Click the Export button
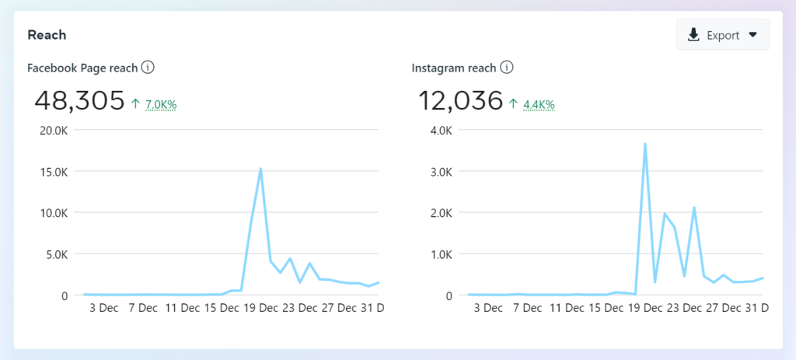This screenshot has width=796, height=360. click(722, 35)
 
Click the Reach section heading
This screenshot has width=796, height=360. click(47, 35)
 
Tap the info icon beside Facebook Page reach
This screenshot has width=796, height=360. click(148, 68)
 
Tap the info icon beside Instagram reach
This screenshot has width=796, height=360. click(507, 68)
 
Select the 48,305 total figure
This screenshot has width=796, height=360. click(80, 100)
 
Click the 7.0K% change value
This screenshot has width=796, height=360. click(161, 104)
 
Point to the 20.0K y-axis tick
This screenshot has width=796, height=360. click(54, 130)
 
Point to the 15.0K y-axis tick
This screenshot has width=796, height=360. click(54, 171)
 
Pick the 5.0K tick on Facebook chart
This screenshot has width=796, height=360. click(56, 253)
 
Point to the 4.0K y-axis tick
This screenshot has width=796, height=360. click(440, 130)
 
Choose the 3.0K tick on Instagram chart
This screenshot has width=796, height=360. click(440, 171)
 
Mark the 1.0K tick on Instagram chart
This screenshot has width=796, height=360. click(440, 253)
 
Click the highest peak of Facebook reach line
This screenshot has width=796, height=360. click(260, 169)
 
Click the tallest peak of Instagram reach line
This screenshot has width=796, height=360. click(644, 144)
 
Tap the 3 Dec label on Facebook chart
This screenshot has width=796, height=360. click(103, 308)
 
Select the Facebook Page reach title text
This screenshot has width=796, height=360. click(82, 68)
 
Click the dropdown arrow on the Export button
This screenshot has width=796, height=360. click(752, 35)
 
